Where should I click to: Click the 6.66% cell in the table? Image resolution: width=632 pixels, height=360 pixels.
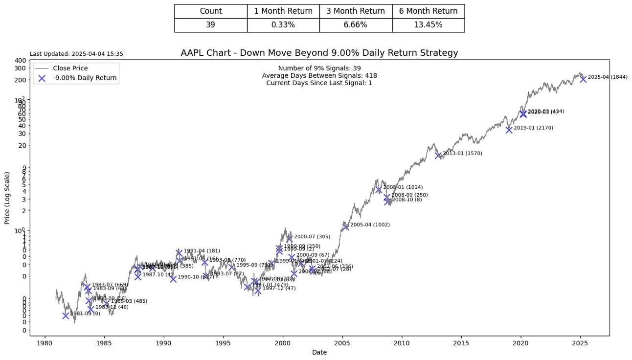(x=355, y=25)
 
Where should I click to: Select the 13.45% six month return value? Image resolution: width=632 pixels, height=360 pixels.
(x=428, y=25)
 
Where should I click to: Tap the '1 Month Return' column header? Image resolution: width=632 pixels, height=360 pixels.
(x=283, y=11)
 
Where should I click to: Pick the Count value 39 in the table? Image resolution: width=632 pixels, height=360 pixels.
(x=210, y=25)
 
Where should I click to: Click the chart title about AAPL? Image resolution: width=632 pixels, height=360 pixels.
(x=319, y=53)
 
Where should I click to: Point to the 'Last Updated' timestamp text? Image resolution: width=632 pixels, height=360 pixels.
(x=76, y=54)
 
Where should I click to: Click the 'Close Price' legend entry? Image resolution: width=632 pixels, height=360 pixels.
(x=70, y=68)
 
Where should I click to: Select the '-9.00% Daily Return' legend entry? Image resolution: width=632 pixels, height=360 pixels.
(x=85, y=78)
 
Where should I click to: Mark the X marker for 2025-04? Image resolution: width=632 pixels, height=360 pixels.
(x=583, y=79)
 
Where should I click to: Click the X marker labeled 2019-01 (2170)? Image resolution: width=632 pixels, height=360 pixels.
(x=509, y=130)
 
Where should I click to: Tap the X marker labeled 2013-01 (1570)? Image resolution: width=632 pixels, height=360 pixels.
(x=438, y=155)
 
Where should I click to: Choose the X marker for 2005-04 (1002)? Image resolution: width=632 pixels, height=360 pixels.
(x=345, y=226)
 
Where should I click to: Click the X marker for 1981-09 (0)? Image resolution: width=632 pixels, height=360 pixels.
(x=66, y=315)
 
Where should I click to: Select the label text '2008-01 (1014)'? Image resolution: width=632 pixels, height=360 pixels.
(x=403, y=187)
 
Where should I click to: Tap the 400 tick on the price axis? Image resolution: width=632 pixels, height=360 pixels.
(x=20, y=60)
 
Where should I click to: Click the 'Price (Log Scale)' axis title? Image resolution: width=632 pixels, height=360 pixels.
(x=7, y=198)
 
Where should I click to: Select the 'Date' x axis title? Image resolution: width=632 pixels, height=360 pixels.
(x=319, y=352)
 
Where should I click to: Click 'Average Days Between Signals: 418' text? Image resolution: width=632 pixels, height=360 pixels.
(x=319, y=76)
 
